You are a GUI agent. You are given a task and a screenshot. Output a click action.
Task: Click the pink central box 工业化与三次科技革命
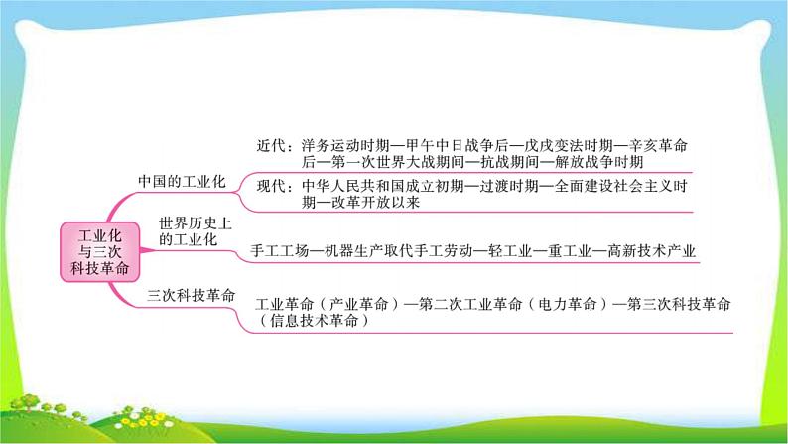99,251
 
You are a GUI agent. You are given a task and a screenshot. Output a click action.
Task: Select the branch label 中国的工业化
182,181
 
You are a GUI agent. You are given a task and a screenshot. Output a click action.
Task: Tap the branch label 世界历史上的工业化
196,231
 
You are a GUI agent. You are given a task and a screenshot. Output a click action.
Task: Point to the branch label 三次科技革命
191,295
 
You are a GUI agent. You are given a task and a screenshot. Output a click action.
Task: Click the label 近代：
275,146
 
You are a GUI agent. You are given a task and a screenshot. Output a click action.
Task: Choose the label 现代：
275,186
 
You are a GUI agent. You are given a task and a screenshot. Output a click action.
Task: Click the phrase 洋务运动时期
345,146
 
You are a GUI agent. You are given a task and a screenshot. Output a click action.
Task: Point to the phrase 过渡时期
509,186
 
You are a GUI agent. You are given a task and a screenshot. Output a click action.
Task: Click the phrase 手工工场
280,250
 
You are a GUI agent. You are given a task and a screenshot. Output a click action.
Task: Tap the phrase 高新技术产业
651,250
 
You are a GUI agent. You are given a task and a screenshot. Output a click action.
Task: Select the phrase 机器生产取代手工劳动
399,250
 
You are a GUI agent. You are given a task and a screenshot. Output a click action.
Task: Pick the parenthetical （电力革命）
568,304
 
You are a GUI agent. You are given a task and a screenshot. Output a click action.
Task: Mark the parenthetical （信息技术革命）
314,320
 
